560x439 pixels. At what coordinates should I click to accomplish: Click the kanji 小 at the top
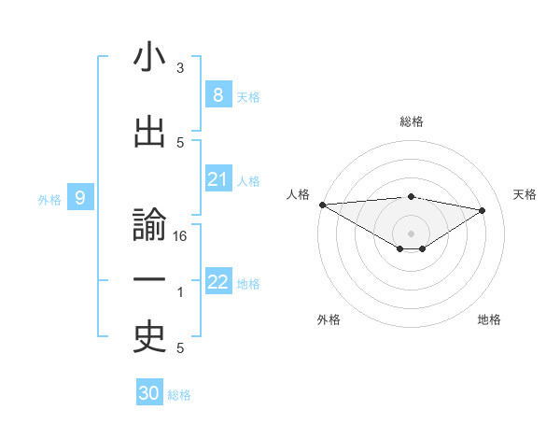[149, 58]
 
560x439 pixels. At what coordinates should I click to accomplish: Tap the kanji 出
[149, 133]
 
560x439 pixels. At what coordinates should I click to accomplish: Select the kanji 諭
[149, 228]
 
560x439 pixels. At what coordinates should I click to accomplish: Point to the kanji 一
[149, 281]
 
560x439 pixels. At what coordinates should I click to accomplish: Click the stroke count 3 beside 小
[180, 68]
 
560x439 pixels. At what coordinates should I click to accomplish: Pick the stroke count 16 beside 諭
[180, 236]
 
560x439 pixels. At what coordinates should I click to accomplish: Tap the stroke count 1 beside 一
[180, 292]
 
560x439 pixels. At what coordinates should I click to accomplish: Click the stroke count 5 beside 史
[180, 348]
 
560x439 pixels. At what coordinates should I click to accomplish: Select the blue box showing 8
[217, 94]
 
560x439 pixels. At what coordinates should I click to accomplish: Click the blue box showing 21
[217, 179]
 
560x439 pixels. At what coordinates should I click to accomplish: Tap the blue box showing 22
[217, 282]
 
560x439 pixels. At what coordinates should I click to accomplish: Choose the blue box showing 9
[80, 197]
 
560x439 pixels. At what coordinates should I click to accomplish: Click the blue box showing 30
[148, 393]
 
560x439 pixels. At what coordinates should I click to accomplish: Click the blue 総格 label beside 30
[179, 395]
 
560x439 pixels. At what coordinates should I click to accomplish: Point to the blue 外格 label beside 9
[49, 199]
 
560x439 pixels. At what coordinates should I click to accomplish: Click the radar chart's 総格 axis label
[411, 121]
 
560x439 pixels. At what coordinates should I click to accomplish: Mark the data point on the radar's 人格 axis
[322, 204]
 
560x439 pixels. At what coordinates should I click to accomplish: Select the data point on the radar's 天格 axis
[483, 209]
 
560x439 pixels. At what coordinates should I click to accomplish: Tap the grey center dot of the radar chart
[411, 232]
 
